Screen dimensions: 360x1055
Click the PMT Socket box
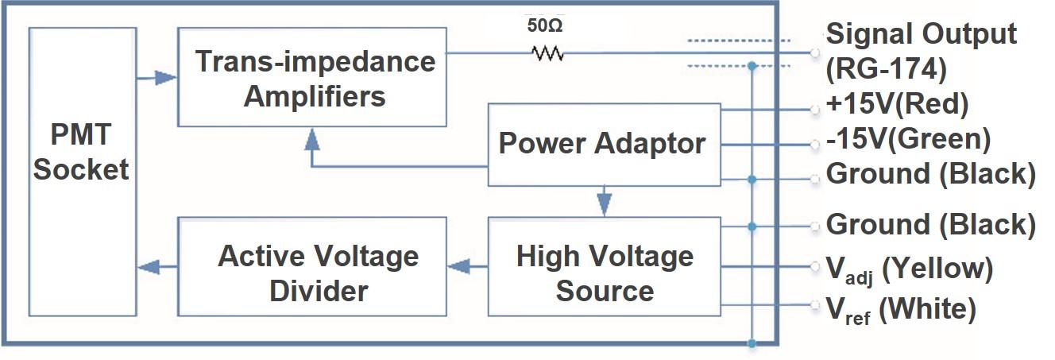tap(82, 170)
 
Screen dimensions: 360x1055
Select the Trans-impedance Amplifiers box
tap(311, 77)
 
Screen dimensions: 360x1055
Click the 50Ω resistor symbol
tap(547, 53)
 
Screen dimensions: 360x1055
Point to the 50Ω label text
tap(547, 25)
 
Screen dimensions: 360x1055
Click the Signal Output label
tap(921, 34)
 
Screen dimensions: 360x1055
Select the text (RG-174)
tap(886, 70)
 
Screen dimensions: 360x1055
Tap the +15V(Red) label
tap(897, 104)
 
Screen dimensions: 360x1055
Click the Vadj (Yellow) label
tap(909, 269)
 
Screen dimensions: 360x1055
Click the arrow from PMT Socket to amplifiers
tap(157, 77)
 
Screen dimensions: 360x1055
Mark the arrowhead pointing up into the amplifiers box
tap(312, 141)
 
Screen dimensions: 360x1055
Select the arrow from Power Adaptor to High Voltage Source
tap(604, 201)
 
